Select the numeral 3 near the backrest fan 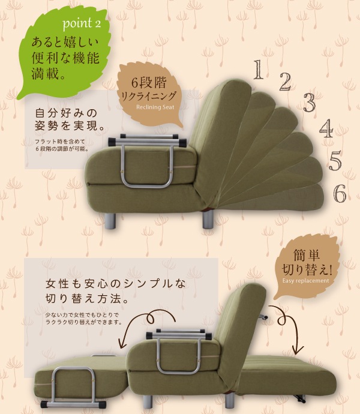tap(309, 103)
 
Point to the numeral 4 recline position tap(326, 128)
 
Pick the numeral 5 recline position tap(335, 161)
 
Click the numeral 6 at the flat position tap(340, 193)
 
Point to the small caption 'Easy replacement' tap(306, 280)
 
